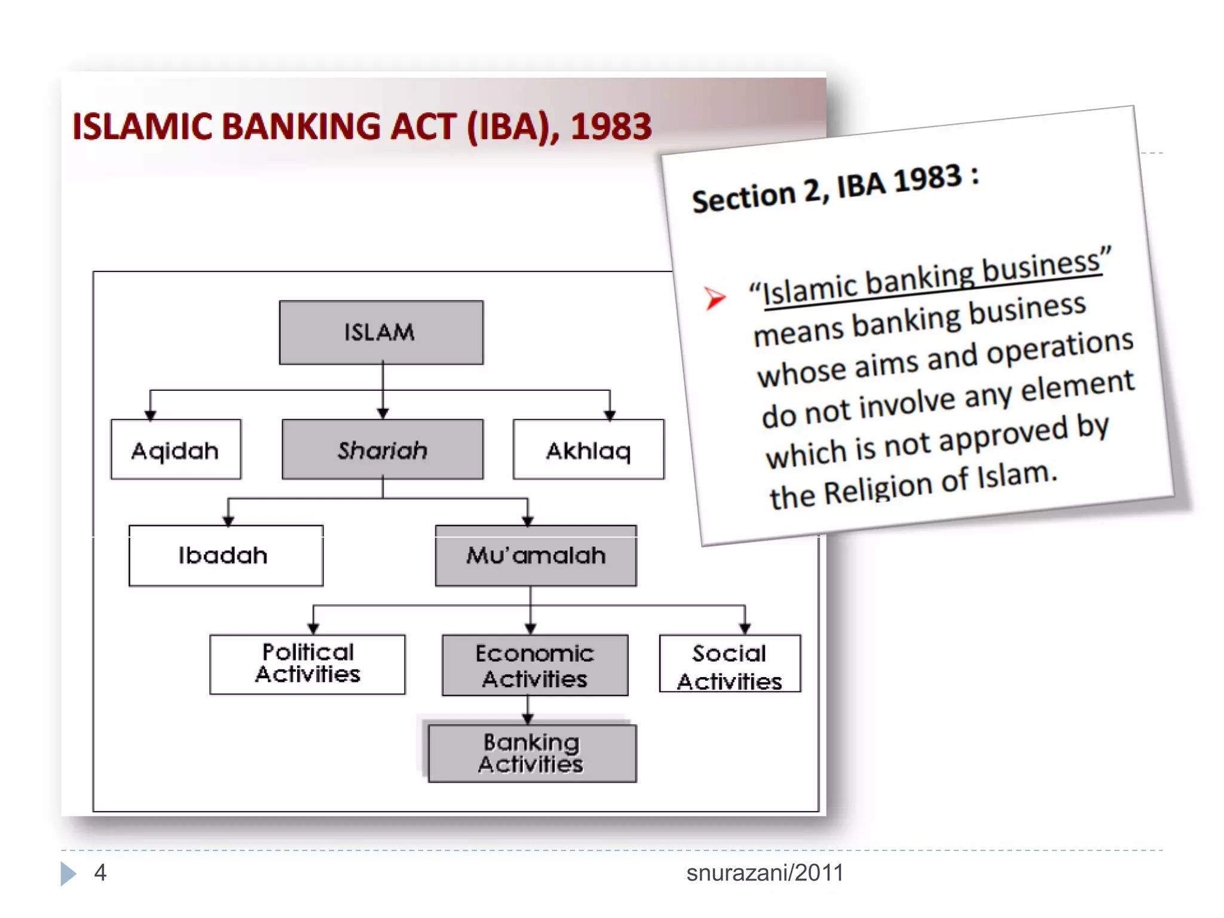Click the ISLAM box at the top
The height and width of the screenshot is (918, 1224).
pos(381,332)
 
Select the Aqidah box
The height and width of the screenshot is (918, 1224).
pos(176,449)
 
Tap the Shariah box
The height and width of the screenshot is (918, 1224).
pos(382,449)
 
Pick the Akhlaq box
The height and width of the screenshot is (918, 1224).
pos(588,449)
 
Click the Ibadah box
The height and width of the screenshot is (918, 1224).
pos(225,555)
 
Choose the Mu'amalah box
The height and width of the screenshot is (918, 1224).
pos(535,555)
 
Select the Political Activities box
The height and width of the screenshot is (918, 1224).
pos(307,664)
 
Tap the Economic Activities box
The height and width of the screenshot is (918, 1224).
pos(534,665)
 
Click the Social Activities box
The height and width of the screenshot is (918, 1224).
pos(729,664)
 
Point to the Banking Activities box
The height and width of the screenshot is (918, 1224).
pos(532,753)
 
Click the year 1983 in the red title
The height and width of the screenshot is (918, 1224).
pos(611,127)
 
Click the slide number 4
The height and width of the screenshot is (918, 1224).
pos(100,873)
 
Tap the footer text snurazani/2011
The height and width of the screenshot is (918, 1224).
pos(764,873)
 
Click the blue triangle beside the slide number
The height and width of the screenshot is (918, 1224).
pos(68,873)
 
